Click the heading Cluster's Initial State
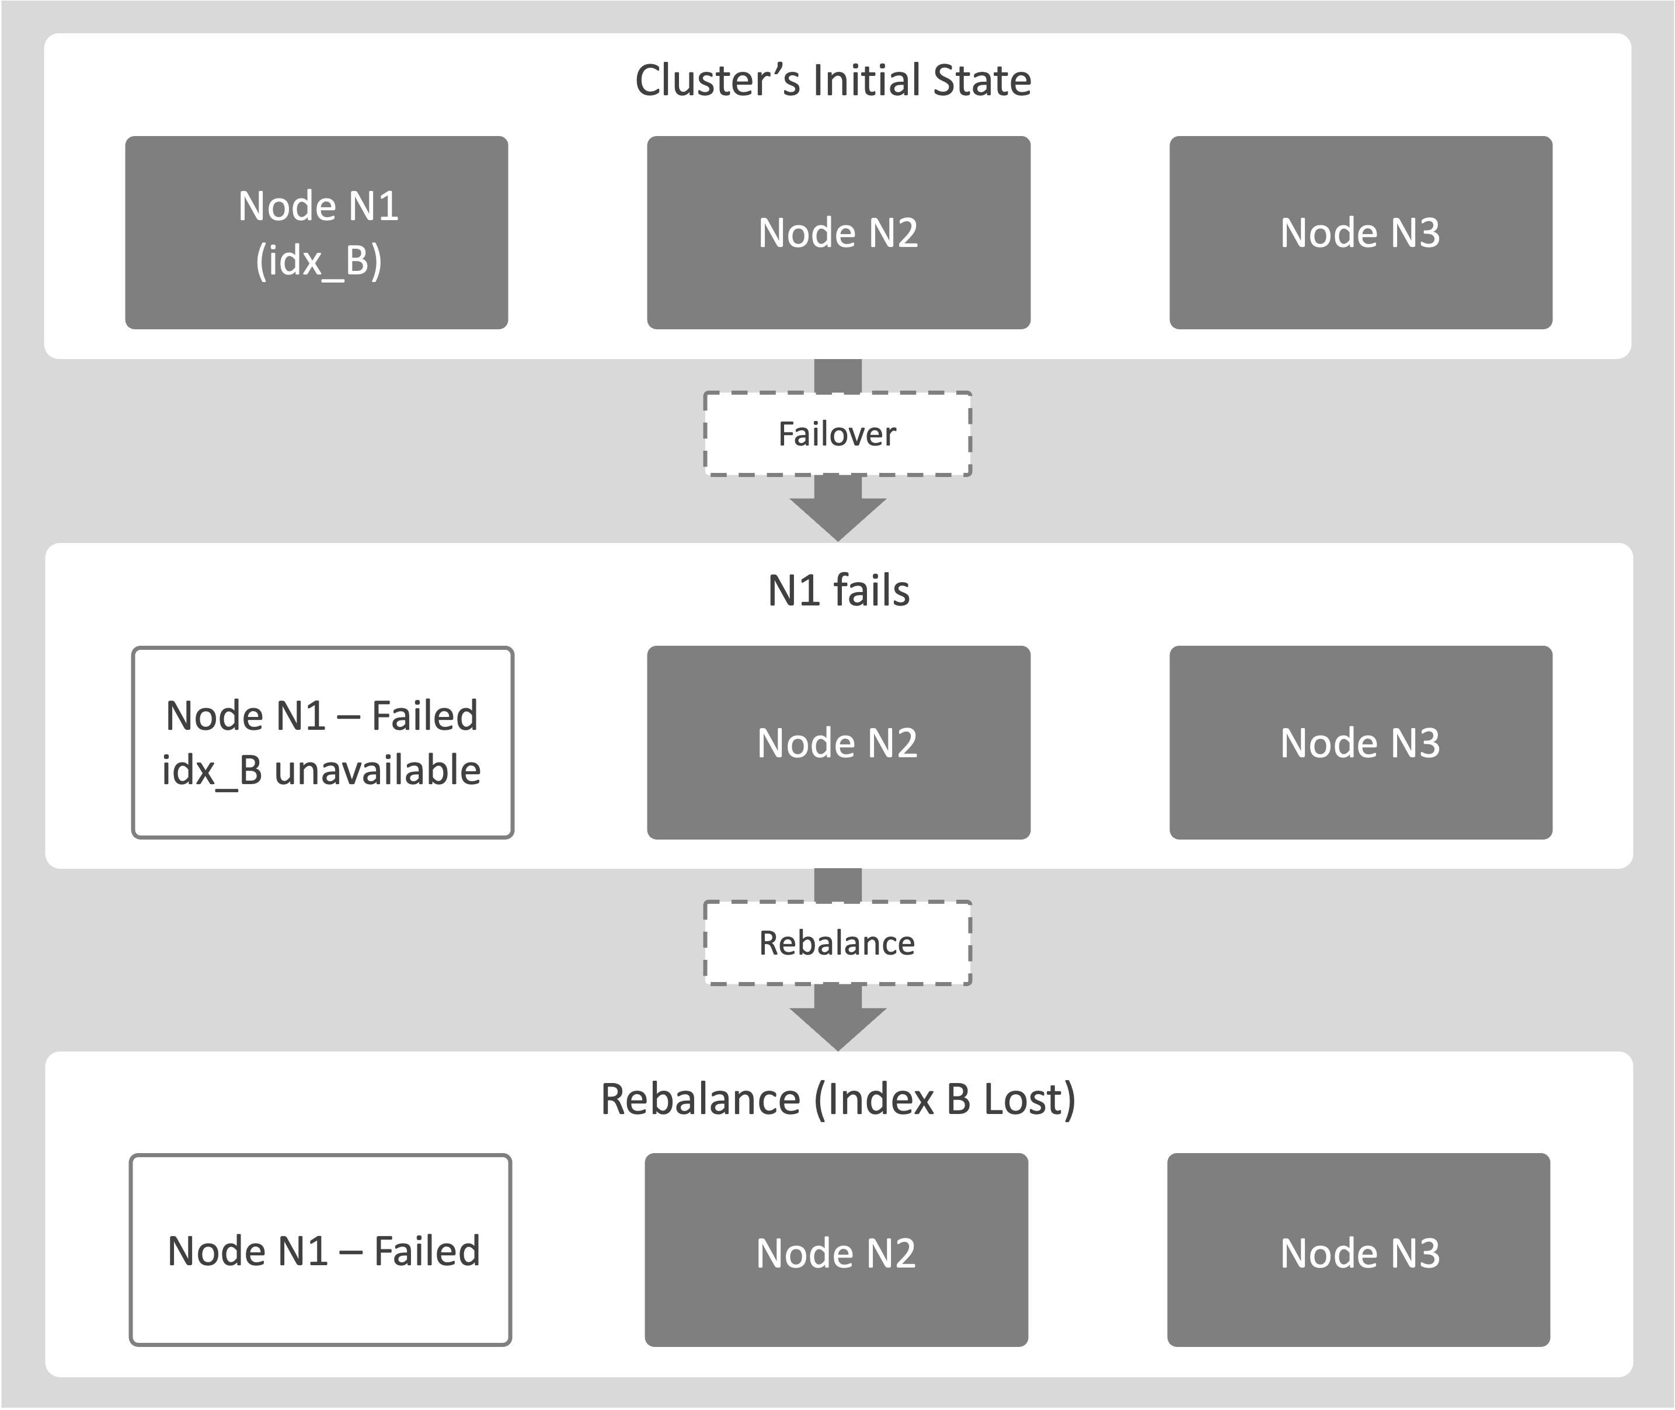click(833, 81)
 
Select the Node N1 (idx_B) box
click(316, 232)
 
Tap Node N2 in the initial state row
click(838, 232)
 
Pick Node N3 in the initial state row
click(1360, 232)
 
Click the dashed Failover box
click(837, 434)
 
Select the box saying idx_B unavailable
click(322, 743)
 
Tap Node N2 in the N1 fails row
click(838, 743)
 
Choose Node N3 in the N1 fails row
click(1360, 743)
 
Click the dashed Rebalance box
click(837, 943)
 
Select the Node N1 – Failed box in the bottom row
click(321, 1250)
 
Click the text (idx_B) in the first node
click(319, 260)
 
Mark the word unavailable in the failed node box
click(377, 771)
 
